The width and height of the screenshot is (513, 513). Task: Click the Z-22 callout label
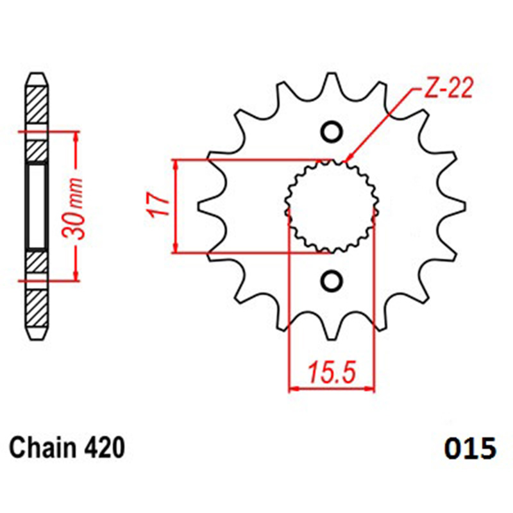pyautogui.click(x=448, y=88)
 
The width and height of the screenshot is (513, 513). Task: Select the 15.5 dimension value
pyautogui.click(x=331, y=372)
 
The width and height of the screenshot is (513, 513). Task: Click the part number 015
pyautogui.click(x=470, y=449)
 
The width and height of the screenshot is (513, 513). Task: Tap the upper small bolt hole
pyautogui.click(x=332, y=132)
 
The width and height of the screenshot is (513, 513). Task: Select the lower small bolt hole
pyautogui.click(x=332, y=281)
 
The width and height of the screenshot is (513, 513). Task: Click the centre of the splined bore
pyautogui.click(x=332, y=206)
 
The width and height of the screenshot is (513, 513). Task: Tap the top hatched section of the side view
pyautogui.click(x=37, y=105)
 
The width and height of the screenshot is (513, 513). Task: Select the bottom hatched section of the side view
pyautogui.click(x=37, y=308)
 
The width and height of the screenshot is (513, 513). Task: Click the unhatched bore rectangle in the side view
pyautogui.click(x=37, y=206)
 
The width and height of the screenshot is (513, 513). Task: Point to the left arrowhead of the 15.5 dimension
pyautogui.click(x=294, y=389)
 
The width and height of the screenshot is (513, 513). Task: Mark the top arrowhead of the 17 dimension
pyautogui.click(x=176, y=165)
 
